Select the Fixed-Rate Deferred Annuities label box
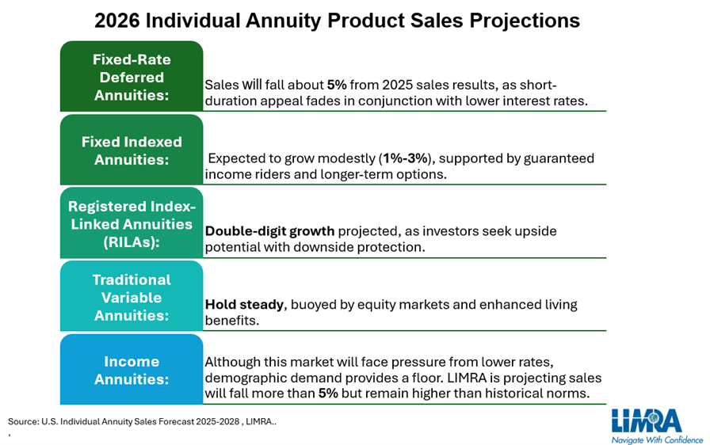132,78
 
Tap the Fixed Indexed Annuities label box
132,150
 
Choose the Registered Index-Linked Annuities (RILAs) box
132,224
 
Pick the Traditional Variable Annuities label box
132,297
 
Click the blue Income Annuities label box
132,370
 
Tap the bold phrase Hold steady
242,304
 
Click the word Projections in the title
530,20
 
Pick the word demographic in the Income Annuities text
244,378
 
